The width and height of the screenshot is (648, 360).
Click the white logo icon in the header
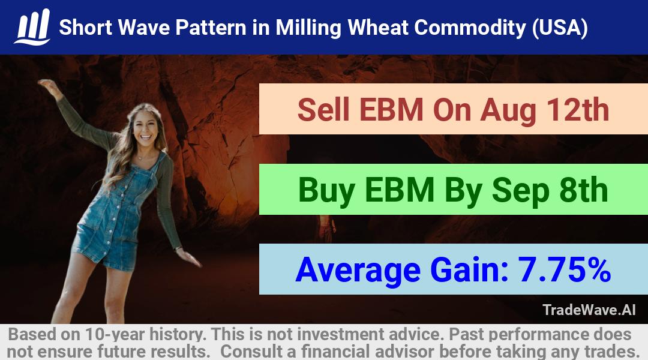click(32, 27)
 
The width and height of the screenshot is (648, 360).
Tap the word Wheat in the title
click(377, 28)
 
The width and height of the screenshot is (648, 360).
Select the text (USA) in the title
click(560, 28)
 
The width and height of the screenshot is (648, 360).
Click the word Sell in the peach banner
click(323, 110)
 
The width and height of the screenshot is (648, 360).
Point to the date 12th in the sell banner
click(578, 110)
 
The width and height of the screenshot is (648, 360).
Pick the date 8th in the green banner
click(583, 190)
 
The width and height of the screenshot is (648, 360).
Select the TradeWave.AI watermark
click(589, 310)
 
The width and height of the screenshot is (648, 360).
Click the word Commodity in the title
click(470, 28)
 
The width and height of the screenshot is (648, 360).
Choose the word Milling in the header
click(308, 28)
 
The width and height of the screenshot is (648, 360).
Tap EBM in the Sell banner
click(391, 110)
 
